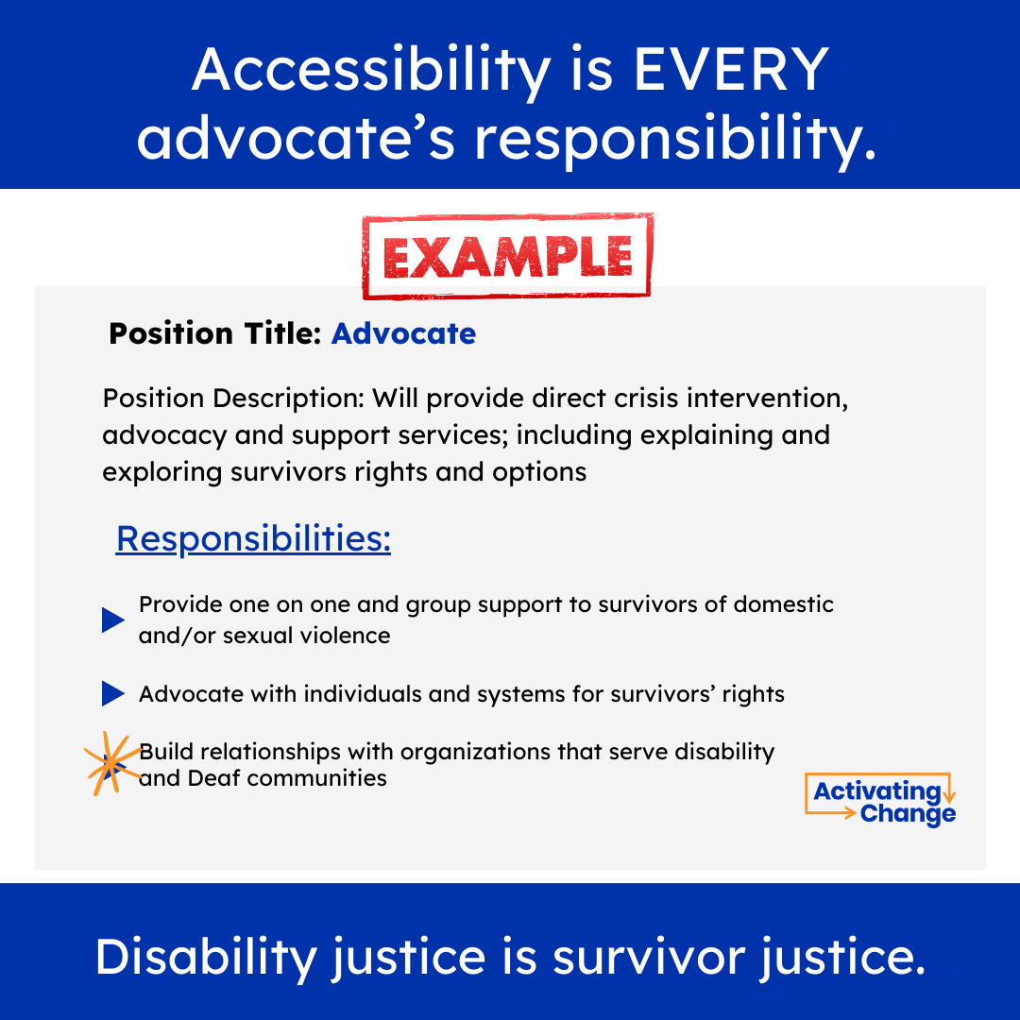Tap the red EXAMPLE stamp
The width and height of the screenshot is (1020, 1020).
click(507, 256)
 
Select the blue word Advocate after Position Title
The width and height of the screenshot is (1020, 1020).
click(403, 333)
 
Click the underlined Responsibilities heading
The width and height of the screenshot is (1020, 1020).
click(253, 539)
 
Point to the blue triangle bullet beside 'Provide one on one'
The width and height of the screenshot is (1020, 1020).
click(113, 620)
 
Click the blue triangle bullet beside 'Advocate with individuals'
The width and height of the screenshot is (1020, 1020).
click(113, 695)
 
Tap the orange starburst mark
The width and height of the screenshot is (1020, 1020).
click(109, 763)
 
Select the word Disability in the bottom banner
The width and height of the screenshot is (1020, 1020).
click(206, 958)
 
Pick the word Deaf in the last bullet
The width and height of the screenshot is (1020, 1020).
click(213, 778)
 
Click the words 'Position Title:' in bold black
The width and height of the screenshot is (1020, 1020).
click(216, 333)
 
